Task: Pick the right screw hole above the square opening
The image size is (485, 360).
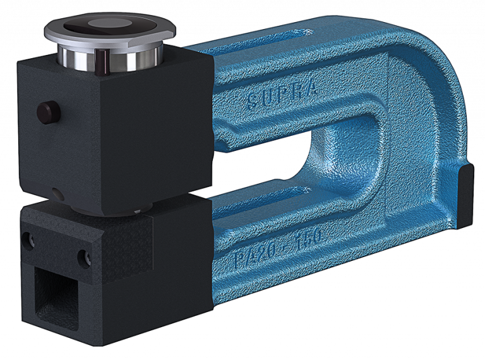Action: point(83,256)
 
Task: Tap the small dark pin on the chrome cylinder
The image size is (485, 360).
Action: point(101,59)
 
